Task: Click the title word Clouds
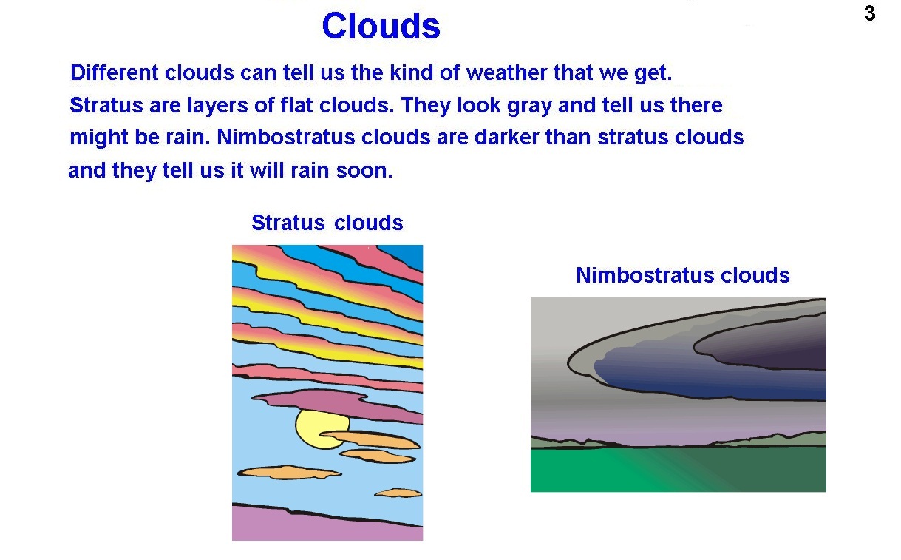tap(381, 26)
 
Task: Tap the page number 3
tap(869, 13)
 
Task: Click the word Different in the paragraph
tap(115, 73)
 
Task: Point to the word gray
tap(529, 107)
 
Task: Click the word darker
tap(507, 137)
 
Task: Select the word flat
tap(296, 105)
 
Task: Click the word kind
tap(412, 73)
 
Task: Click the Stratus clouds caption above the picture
tap(327, 223)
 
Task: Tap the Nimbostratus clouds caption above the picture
tap(683, 275)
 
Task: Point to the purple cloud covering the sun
tap(338, 405)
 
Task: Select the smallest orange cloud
tap(398, 493)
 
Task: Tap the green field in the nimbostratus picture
tap(679, 469)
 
